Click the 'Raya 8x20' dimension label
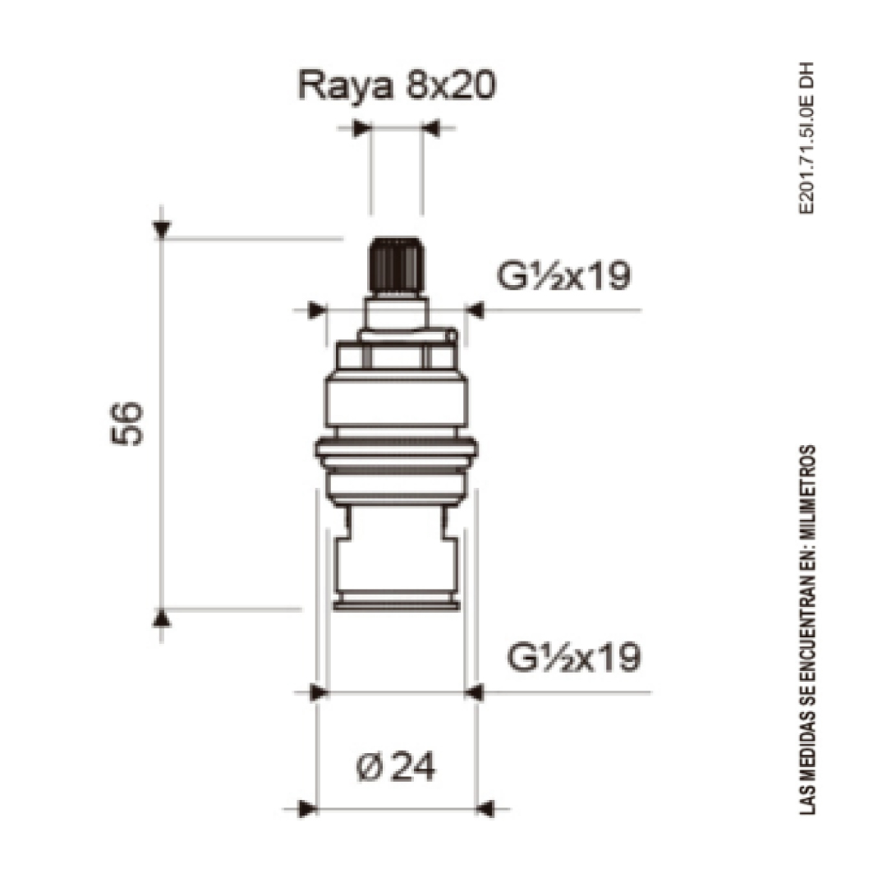pyautogui.click(x=397, y=86)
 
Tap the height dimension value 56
pyautogui.click(x=126, y=423)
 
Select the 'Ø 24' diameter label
pyautogui.click(x=396, y=767)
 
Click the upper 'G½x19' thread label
pyautogui.click(x=563, y=275)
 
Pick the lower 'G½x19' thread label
pyautogui.click(x=573, y=657)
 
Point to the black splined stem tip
pyautogui.click(x=397, y=265)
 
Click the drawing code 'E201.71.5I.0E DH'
pyautogui.click(x=807, y=138)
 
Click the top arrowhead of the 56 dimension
pyautogui.click(x=162, y=230)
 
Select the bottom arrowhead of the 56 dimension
pyautogui.click(x=162, y=618)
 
